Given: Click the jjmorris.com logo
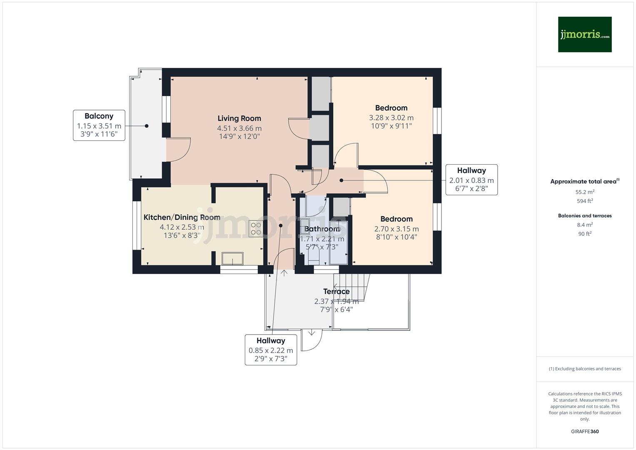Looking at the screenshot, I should pos(584,35).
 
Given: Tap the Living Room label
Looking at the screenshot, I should pos(239,119).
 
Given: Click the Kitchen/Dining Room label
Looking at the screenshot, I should pos(182,217).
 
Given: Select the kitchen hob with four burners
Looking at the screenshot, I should pos(255,229).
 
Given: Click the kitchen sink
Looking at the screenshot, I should pos(232,258).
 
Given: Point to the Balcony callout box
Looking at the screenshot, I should pos(99,125).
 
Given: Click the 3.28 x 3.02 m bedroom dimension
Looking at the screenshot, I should pos(391,118).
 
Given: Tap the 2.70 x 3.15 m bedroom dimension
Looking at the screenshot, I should pos(396,229).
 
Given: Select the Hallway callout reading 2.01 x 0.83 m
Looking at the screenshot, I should pos(471,180).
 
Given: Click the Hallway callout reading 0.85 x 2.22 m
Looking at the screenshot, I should pos(271,350).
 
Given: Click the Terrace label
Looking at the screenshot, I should pos(336,292).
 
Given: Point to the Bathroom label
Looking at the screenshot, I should pos(322,229).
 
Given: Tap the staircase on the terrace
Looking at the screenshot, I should pos(352,287).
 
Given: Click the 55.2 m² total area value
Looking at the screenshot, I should pos(584,192).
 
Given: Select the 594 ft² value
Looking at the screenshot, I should pos(584,201).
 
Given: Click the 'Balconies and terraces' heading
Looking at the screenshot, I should pos(584,216).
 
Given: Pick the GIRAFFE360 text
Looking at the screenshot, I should pos(584,431).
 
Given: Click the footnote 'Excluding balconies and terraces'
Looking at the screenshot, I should pos(584,369).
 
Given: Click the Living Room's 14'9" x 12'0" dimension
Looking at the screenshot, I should pos(239,136).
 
